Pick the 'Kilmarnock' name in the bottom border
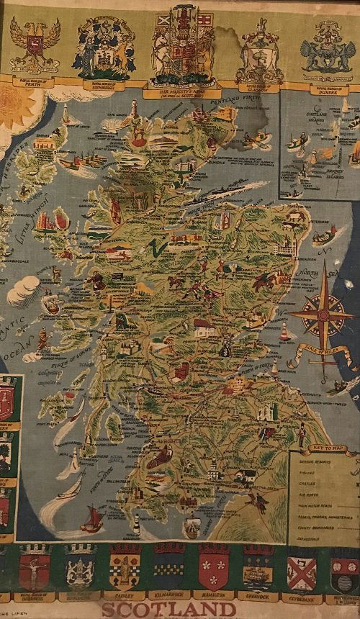tap(166, 596)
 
